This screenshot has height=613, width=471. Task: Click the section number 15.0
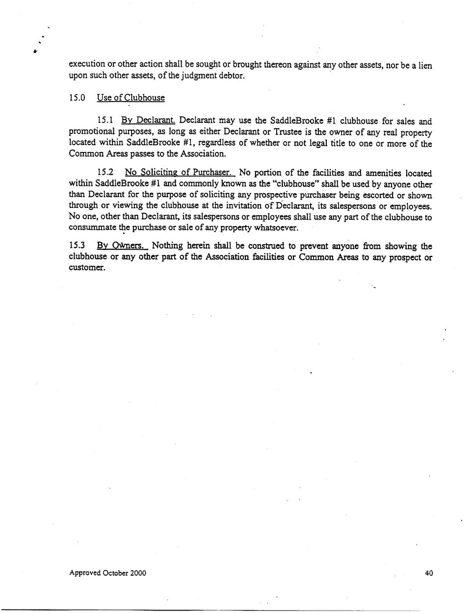77,98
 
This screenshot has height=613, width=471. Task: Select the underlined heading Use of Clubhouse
131,98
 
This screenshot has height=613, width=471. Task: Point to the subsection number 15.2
105,173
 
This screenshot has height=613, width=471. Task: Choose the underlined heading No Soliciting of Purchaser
180,173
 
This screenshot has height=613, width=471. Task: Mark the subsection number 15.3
77,246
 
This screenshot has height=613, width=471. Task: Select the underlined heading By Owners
122,246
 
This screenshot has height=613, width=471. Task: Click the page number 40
429,573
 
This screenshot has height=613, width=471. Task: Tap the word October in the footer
115,573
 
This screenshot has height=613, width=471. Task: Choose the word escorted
378,195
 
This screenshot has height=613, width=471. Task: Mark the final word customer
86,268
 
